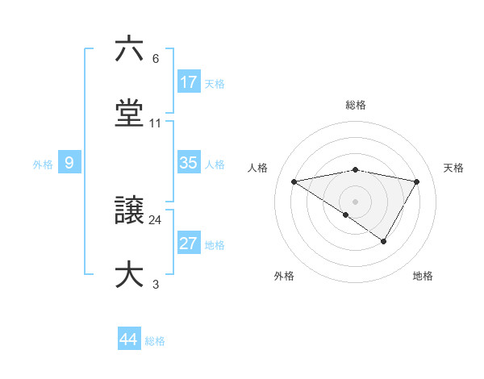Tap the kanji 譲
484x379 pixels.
point(129,210)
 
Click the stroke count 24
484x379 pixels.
point(156,219)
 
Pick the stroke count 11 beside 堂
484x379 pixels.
point(156,123)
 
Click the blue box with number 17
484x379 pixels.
point(189,82)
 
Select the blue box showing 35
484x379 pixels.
point(189,163)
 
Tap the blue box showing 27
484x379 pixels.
point(189,244)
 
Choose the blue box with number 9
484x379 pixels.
point(69,163)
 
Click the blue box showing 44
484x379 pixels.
point(129,339)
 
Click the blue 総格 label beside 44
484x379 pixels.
point(155,341)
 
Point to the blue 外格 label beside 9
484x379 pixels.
point(43,165)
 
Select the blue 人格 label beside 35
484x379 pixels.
point(215,165)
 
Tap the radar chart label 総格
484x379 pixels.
point(356,105)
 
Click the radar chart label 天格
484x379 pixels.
point(453,168)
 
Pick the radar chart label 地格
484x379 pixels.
point(423,276)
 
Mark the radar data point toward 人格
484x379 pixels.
point(294,181)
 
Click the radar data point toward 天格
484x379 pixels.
point(416,181)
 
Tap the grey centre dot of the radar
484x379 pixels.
point(356,201)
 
